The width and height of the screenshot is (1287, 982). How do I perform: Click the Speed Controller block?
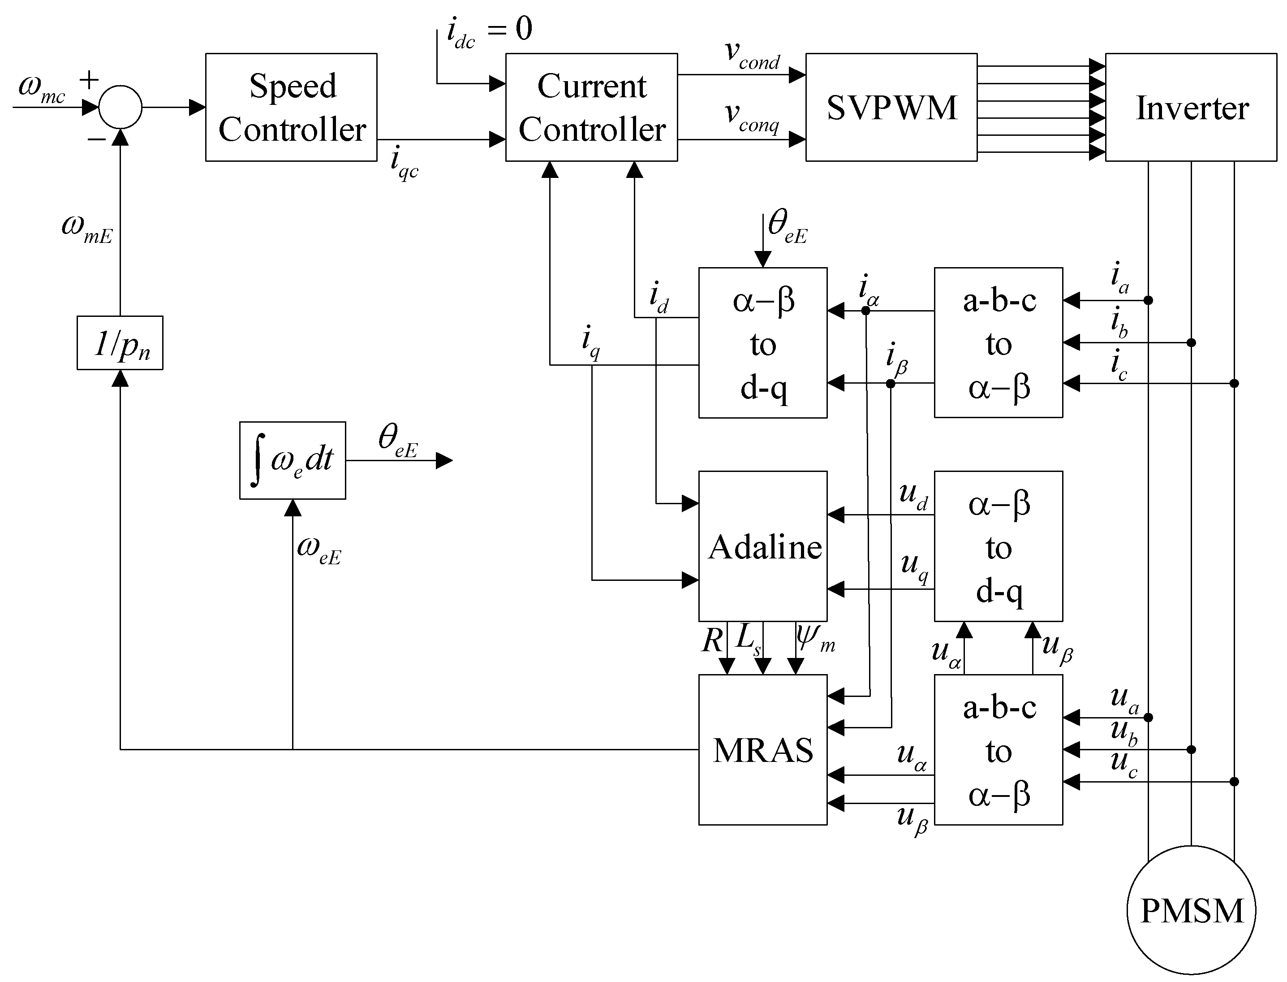(x=291, y=108)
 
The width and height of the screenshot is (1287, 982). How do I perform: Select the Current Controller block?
(x=591, y=108)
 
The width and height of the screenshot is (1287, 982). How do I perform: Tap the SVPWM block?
(x=891, y=108)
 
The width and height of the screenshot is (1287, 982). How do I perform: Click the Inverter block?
(x=1191, y=108)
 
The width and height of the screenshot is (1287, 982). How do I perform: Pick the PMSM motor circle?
(x=1191, y=911)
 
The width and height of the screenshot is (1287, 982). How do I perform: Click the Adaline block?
(x=763, y=546)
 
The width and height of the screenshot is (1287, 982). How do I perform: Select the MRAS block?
(x=763, y=749)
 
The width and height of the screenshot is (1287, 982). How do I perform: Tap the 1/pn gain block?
(x=120, y=343)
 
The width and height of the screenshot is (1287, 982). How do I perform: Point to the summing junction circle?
(x=120, y=108)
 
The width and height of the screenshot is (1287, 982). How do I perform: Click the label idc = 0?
(x=488, y=30)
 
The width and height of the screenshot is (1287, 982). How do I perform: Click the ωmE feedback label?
(x=86, y=228)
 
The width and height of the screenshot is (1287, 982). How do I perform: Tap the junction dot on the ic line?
(x=1234, y=384)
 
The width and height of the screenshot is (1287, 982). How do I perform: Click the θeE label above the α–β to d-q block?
(x=786, y=227)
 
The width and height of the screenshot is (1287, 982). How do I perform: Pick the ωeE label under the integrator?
(x=319, y=549)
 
